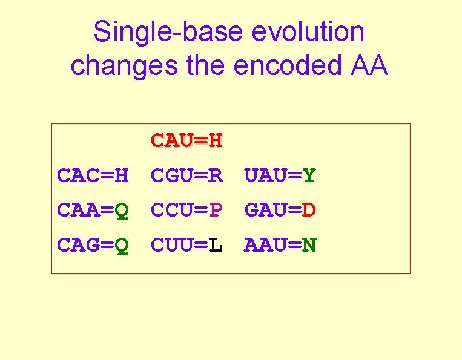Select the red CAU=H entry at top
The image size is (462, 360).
[187, 141]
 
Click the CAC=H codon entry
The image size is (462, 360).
[93, 176]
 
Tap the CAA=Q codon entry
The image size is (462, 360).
[93, 211]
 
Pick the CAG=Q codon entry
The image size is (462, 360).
[93, 246]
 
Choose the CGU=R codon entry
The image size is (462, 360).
[187, 176]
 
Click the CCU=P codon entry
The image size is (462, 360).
[187, 211]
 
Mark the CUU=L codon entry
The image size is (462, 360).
[187, 246]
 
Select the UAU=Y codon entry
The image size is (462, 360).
[280, 176]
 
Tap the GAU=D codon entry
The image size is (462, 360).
[280, 211]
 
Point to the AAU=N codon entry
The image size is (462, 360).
[280, 246]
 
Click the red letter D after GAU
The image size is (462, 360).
[309, 211]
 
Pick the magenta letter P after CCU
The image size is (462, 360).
[216, 211]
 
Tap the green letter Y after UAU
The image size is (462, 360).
[309, 176]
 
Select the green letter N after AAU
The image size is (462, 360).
[309, 246]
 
